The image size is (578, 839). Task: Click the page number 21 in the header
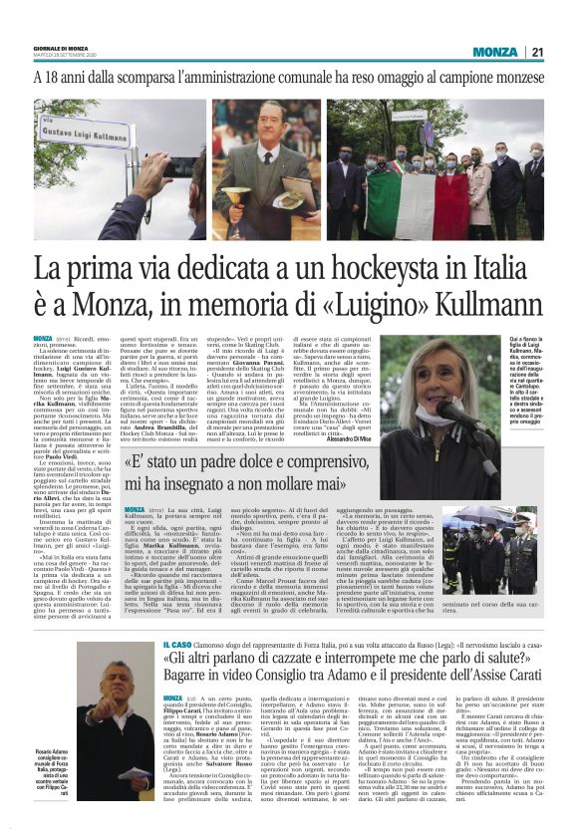coord(563,51)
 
